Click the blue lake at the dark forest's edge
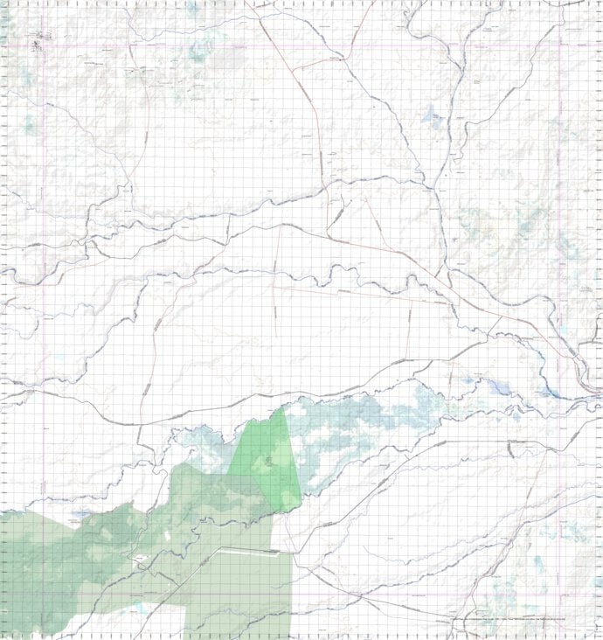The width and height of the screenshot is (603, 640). click(82, 515)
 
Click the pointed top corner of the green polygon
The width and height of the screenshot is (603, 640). click(284, 408)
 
